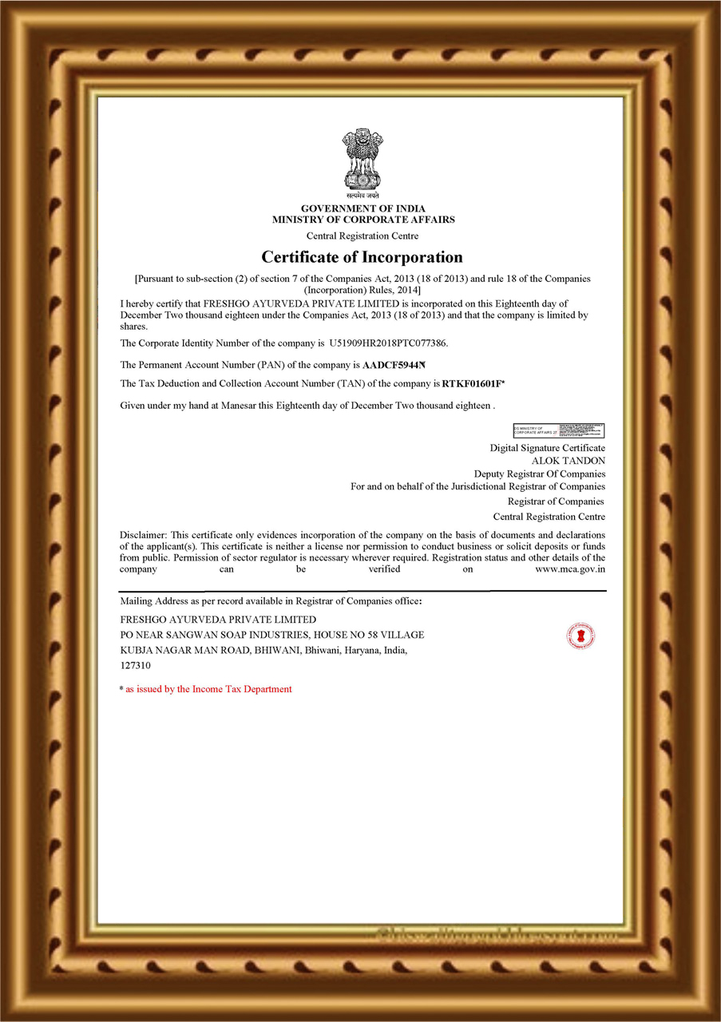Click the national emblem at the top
pos(362,161)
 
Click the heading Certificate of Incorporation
pos(362,257)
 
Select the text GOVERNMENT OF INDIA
pos(362,209)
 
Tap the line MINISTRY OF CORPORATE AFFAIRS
pos(362,220)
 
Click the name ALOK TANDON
pos(568,461)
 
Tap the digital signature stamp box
pos(558,431)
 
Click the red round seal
pos(580,636)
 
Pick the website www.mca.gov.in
pos(569,569)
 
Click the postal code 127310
pos(135,664)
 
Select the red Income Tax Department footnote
pos(208,689)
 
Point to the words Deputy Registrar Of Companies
pos(539,474)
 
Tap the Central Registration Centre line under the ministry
pos(362,236)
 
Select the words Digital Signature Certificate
pos(547,448)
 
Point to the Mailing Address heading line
pos(270,600)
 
